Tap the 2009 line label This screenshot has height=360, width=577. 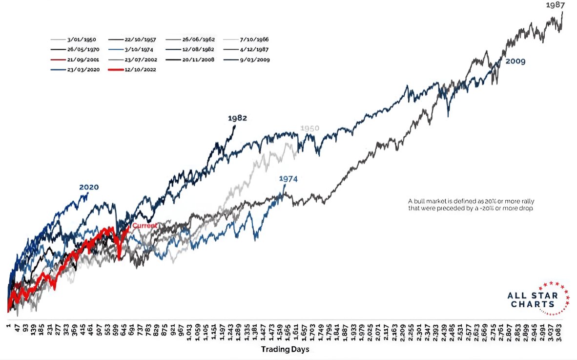click(515, 62)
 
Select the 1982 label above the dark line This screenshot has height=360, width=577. click(237, 118)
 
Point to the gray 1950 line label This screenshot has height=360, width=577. click(309, 128)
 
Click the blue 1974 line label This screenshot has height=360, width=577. click(288, 179)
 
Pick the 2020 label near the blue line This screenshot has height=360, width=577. click(89, 187)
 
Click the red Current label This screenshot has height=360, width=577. click(144, 226)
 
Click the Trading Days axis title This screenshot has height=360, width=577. click(285, 349)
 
